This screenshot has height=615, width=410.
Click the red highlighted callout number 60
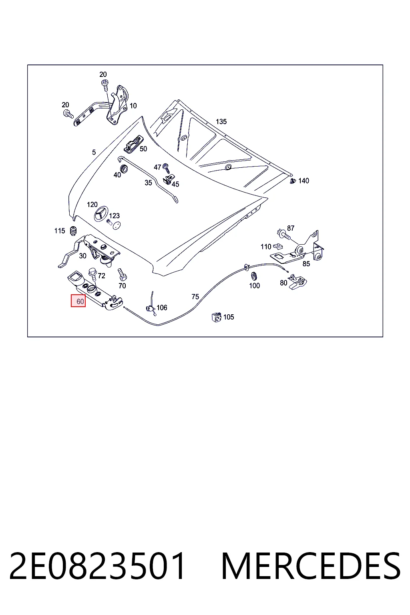coord(78,301)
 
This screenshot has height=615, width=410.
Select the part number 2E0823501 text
coord(97,566)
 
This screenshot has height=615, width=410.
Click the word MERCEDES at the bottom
coord(311,566)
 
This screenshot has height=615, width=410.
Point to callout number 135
coord(221,122)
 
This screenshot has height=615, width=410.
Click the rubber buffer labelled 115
coord(73,231)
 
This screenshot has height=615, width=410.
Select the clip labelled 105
coord(216,317)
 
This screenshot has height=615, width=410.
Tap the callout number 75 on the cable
coord(195,297)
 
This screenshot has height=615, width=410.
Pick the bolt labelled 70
coord(122,274)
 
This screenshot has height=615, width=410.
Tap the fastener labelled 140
coord(293,181)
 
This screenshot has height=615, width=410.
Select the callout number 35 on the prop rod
coord(148,183)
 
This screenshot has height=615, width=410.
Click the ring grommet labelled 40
coord(124,169)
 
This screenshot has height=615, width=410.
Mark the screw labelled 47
coord(166,168)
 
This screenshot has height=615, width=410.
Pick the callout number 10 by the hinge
coord(133,106)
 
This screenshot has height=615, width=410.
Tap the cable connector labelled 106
coord(151,309)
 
